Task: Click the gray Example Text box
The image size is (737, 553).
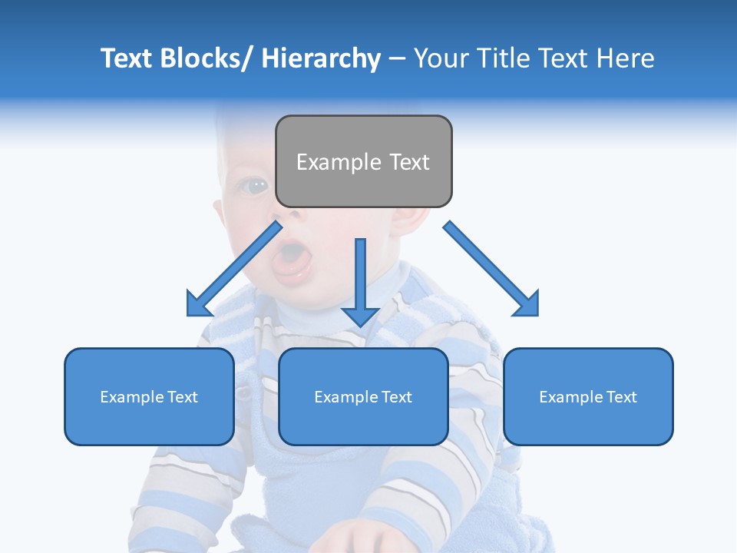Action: (x=363, y=161)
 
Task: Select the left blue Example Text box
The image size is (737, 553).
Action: (x=149, y=396)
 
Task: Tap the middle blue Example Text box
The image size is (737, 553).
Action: (x=363, y=396)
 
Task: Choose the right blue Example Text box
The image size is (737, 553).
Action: (x=588, y=396)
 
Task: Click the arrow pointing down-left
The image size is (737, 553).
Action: (x=233, y=270)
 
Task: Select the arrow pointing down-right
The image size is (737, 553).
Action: (x=491, y=269)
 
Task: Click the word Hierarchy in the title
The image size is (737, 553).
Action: (x=321, y=58)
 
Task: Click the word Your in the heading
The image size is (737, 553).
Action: (x=439, y=58)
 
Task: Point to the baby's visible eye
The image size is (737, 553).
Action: (x=255, y=185)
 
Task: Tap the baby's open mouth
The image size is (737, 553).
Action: (x=292, y=257)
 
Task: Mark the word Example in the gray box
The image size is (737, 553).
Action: (x=329, y=162)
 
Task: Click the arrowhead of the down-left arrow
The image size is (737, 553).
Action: (x=199, y=303)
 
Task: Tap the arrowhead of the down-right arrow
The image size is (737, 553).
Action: (x=526, y=303)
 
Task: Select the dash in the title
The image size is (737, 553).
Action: (x=397, y=58)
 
